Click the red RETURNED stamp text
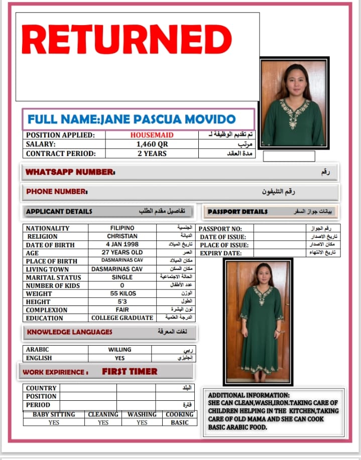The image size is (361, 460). pos(127,40)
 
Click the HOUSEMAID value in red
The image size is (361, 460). pos(152,135)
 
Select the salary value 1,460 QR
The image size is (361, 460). pos(152,144)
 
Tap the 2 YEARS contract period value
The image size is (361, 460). pos(152,154)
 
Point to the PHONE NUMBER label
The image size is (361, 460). pos(57,192)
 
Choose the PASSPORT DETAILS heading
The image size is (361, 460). pos(237,212)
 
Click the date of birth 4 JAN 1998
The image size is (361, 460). pos(122,244)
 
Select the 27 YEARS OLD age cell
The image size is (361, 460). pos(122,252)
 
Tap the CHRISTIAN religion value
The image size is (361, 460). pos(122,236)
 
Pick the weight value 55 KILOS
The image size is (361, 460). pos(122,293)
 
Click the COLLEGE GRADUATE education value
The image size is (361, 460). pos(122,318)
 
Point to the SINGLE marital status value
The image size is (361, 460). pos(122,277)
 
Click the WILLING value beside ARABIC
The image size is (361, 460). pos(119,349)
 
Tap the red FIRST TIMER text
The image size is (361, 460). pos(130,372)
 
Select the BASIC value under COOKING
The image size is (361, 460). pos(179,422)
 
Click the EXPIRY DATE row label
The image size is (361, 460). pos(220,253)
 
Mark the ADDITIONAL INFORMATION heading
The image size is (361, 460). pos(249,395)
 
